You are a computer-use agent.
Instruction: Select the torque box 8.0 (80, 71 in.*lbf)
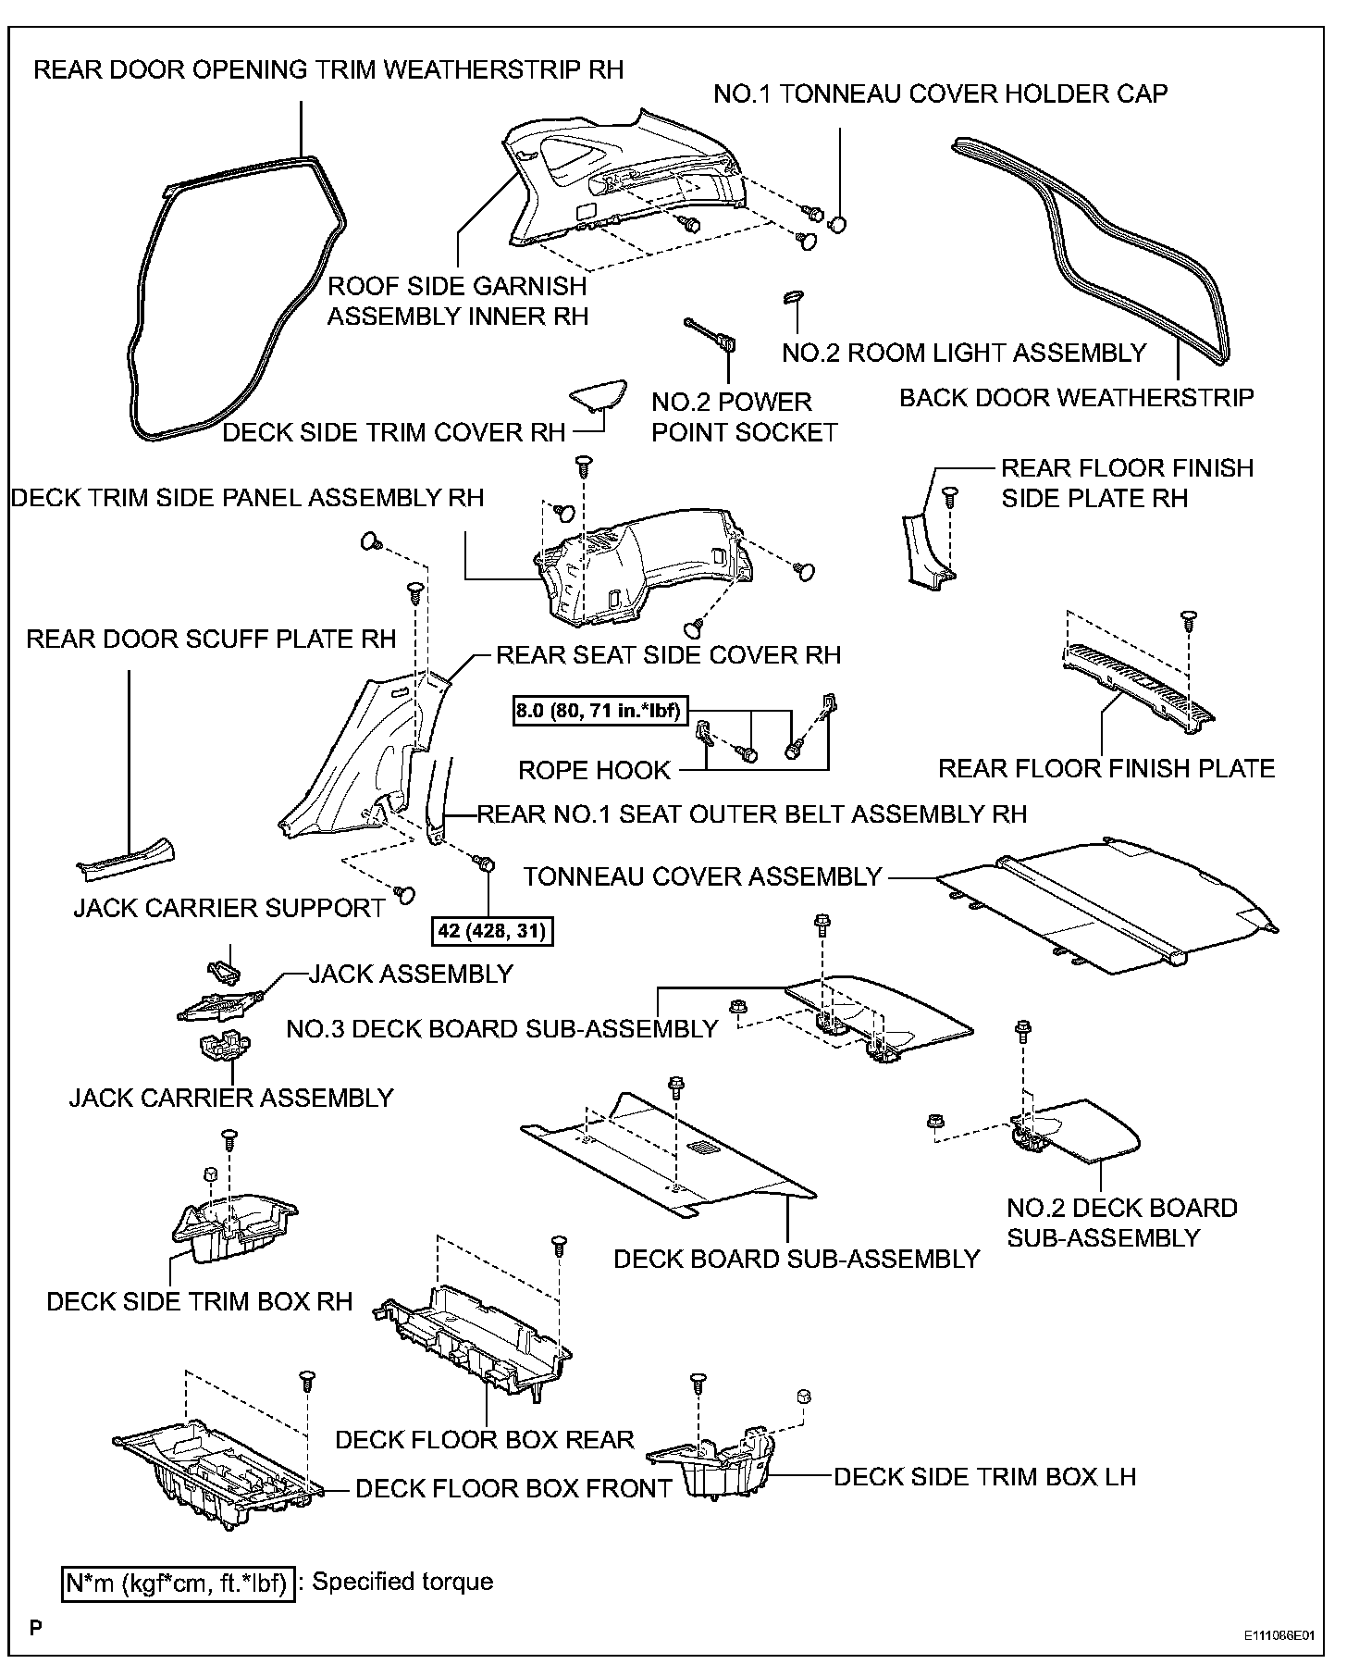click(x=598, y=711)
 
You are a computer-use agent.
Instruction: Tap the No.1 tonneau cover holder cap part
click(x=839, y=224)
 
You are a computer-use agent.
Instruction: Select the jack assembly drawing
click(x=219, y=1006)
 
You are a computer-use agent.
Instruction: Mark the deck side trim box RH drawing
click(x=231, y=1228)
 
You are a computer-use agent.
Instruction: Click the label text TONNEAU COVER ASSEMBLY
click(x=702, y=876)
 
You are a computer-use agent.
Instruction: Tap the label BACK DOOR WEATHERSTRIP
click(x=1077, y=398)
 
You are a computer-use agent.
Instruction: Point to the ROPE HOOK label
click(x=594, y=770)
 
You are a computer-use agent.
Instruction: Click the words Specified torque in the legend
click(x=402, y=1582)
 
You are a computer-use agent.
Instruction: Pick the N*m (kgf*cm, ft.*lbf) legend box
click(x=178, y=1583)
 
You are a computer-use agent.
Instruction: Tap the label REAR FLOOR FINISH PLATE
click(x=1106, y=768)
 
